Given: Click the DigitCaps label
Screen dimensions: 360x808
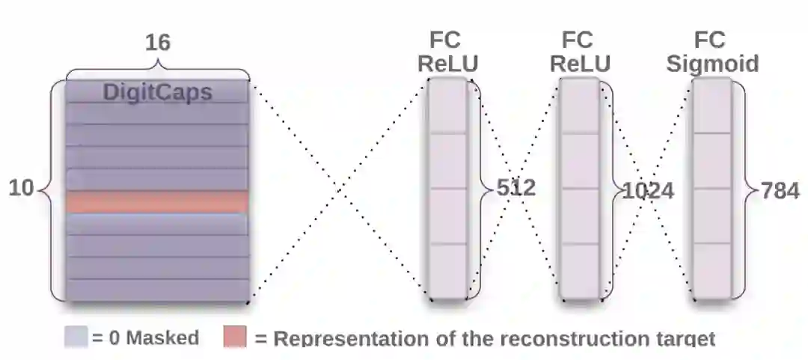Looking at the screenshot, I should [x=157, y=93].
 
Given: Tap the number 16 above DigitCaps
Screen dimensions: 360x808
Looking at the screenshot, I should [x=157, y=43].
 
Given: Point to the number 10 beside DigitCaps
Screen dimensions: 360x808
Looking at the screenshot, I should [x=21, y=189].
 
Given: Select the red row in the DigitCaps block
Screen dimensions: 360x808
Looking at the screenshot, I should [x=156, y=202].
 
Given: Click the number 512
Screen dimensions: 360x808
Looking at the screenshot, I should [x=516, y=188].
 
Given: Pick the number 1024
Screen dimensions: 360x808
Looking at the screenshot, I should [x=649, y=192].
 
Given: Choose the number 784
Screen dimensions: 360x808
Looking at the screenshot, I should [x=780, y=191].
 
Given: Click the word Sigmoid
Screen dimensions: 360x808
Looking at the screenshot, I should [x=712, y=63].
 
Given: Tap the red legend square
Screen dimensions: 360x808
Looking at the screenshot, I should [x=235, y=337].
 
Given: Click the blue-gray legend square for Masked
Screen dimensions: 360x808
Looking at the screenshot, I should [x=76, y=337].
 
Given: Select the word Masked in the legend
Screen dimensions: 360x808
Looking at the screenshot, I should [x=162, y=338].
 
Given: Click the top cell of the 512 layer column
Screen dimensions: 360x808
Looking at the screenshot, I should [x=447, y=106].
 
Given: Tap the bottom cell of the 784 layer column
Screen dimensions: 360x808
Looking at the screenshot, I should [x=711, y=271].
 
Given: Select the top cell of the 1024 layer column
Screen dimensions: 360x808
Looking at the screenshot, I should [x=580, y=106].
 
